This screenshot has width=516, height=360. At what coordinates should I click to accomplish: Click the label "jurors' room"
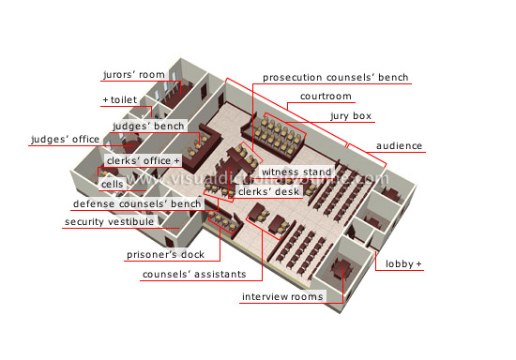tap(134, 75)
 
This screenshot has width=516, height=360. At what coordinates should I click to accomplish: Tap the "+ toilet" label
tap(120, 99)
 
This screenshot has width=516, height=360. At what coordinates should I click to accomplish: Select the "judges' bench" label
tap(148, 126)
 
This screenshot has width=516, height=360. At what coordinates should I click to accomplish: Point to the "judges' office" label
tap(65, 139)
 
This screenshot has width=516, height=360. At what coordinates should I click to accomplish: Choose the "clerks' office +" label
tap(144, 160)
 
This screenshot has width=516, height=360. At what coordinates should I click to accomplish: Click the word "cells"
tap(113, 184)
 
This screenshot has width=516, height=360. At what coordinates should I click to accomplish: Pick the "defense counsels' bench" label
tap(137, 203)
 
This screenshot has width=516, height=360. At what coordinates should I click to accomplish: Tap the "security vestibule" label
tap(109, 221)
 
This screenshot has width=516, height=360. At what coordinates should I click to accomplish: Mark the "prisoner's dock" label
tap(165, 254)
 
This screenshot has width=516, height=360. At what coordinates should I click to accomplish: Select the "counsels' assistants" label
tap(194, 274)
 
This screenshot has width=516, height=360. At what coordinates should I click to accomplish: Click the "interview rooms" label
tap(282, 297)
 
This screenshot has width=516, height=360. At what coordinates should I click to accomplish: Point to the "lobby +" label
tap(403, 264)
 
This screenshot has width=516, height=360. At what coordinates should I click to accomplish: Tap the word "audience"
tap(399, 145)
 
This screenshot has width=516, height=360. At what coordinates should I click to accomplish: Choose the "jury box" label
tap(351, 116)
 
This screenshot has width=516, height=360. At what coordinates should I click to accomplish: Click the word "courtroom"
tap(326, 97)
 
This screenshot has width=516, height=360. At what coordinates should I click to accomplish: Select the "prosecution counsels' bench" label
tap(335, 77)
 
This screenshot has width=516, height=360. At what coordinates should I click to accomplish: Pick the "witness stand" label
tap(296, 172)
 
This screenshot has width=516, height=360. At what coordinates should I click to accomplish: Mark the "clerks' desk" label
tap(269, 191)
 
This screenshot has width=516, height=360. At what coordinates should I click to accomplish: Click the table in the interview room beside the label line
tap(342, 268)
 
